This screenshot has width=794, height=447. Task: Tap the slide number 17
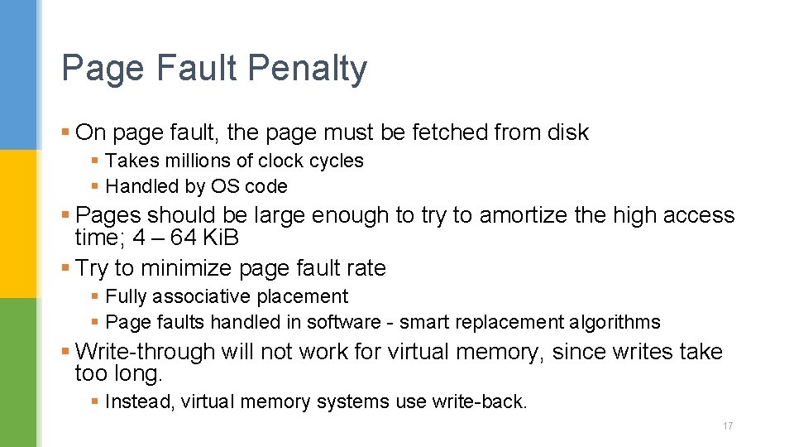pos(728,426)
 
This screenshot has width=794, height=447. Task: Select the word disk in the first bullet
pos(567,132)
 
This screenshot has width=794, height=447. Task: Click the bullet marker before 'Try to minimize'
pos(65,268)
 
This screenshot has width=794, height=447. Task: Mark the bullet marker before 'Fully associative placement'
pos(95,296)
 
